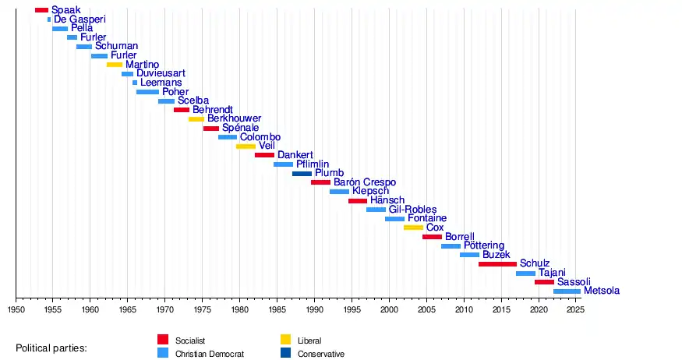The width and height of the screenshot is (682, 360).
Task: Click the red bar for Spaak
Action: click(x=41, y=10)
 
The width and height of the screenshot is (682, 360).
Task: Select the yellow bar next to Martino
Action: click(x=115, y=65)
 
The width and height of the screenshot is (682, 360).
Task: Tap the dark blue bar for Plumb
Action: click(x=302, y=174)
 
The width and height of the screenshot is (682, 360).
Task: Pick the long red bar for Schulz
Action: click(x=497, y=264)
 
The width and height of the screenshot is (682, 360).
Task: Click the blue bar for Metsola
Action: click(x=567, y=291)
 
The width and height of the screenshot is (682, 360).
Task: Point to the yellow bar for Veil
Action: click(x=246, y=146)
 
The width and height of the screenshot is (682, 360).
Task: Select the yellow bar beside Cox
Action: click(x=413, y=228)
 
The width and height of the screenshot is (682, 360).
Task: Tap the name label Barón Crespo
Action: click(x=364, y=182)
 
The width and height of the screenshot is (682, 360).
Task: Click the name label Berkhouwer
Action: click(x=234, y=119)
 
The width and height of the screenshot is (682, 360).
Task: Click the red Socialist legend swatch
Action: click(x=163, y=340)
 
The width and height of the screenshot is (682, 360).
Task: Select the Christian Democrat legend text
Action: click(x=210, y=354)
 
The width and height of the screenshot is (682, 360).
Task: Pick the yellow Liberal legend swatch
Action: click(x=285, y=340)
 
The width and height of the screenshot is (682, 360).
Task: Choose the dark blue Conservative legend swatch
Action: click(x=285, y=353)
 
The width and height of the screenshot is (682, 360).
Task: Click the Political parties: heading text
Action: click(x=51, y=348)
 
